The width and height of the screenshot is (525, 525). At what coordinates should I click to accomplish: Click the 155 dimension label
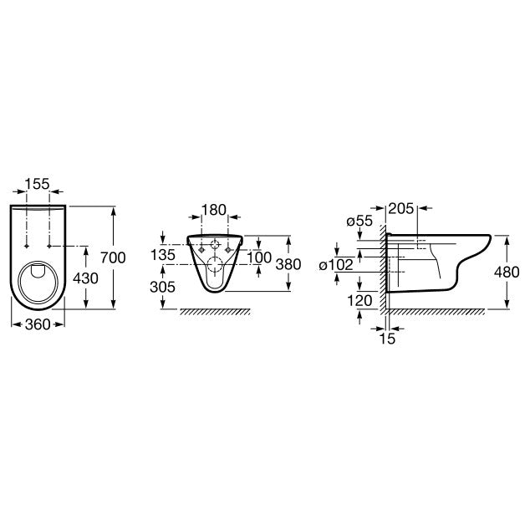coord(37,184)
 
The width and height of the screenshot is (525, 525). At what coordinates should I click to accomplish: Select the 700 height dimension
coord(113,257)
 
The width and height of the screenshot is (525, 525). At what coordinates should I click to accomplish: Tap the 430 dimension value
coord(86,278)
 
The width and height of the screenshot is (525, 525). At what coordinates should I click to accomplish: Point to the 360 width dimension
coord(38,324)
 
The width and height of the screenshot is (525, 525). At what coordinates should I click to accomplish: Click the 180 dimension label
coord(214,210)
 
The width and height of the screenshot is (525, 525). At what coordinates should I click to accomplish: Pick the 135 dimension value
coord(163,255)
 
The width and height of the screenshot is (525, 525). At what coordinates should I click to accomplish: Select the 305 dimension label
coord(163,287)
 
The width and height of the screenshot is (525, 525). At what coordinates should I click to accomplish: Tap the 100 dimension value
coord(259,257)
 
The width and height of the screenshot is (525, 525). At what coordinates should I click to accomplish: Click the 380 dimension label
coord(288,264)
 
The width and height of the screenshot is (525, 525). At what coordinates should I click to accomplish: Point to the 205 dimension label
coord(401,209)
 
